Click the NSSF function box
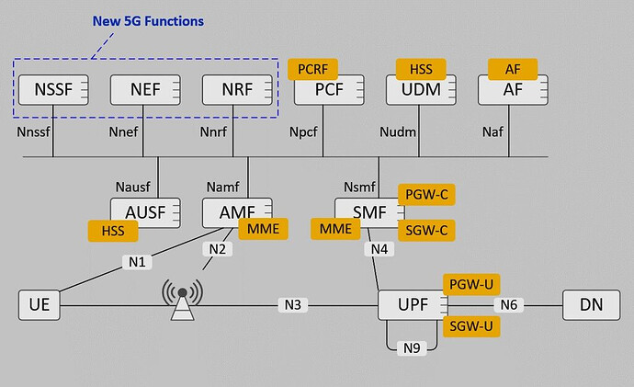pos(53,89)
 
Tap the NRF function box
pos(236,89)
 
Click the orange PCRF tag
pos(312,68)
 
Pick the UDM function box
pos(415,91)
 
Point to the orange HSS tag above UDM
pos(420,68)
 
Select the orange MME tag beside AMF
pos(263,228)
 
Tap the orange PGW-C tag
pos(426,194)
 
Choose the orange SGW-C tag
pos(426,229)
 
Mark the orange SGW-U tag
pos(471,326)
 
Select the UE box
pos(40,304)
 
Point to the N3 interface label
pos(293,304)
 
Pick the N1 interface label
pos(138,261)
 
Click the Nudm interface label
pos(398,132)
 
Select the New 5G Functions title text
pos(149,20)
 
